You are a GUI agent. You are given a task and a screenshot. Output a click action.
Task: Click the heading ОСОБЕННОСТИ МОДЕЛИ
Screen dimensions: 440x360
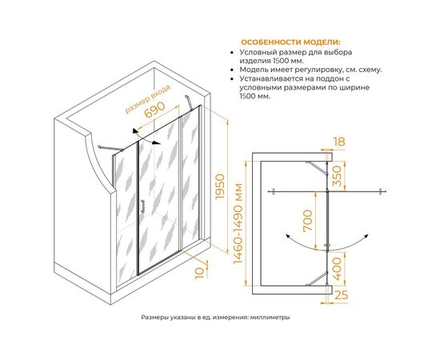point(290,42)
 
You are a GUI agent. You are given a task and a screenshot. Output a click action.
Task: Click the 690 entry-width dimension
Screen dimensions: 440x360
point(154,110)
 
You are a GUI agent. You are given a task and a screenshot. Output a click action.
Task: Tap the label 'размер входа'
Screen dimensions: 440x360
point(148,99)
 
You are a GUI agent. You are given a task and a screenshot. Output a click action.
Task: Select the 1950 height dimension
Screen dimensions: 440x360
point(220,186)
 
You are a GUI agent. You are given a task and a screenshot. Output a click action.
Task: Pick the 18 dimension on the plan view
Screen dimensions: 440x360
point(339,142)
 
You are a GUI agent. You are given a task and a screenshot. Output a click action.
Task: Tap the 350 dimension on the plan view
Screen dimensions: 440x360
point(338,176)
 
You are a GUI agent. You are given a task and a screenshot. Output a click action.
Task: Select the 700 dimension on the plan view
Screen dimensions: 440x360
point(307,220)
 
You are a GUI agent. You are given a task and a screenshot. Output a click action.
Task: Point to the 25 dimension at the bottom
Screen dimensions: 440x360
point(342,295)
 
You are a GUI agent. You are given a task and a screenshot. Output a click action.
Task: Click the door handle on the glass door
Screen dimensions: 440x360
point(142,206)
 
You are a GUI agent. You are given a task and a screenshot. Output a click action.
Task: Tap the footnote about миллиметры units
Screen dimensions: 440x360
point(215,318)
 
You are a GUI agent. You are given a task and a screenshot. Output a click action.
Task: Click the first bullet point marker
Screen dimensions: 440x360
point(232,53)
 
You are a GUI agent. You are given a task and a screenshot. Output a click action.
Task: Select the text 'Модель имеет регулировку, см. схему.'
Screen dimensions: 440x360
point(310,70)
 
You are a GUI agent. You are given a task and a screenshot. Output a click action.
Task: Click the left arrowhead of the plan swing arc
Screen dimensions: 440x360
point(287,236)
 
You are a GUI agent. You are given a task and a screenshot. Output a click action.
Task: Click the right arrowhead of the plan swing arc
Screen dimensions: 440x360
point(366,236)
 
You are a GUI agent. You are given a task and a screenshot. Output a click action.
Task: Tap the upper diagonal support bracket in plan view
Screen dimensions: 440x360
point(317,168)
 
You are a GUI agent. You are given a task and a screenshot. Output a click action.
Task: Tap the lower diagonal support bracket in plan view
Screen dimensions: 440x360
point(317,279)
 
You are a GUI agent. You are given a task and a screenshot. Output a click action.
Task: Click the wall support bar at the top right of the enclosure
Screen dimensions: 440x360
point(189,102)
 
